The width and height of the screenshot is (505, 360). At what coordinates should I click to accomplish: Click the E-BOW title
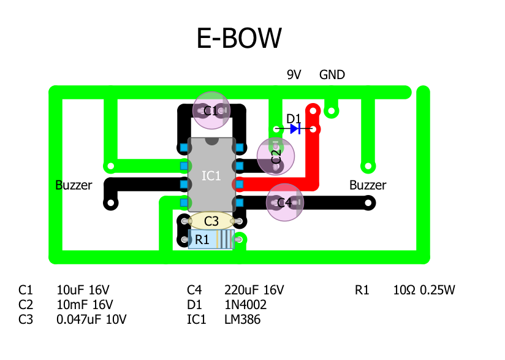239,38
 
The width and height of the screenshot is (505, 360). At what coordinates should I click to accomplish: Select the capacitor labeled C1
211,110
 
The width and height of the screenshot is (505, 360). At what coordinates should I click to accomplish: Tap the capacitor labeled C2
276,155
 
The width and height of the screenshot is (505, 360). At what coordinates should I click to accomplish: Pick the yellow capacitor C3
211,221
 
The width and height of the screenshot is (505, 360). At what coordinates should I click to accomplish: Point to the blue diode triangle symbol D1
295,129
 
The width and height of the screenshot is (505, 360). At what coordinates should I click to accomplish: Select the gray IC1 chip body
211,175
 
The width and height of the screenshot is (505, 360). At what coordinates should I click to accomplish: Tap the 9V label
294,75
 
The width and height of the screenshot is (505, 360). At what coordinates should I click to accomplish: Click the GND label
332,75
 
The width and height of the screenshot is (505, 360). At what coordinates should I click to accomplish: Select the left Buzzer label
74,185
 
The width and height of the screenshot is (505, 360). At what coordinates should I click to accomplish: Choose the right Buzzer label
368,185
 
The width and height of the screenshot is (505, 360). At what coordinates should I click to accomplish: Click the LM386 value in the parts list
243,320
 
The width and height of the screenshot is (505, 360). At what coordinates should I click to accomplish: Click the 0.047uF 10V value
91,320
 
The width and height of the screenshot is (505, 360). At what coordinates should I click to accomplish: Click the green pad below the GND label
332,111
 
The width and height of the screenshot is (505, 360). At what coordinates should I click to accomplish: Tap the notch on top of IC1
211,141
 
